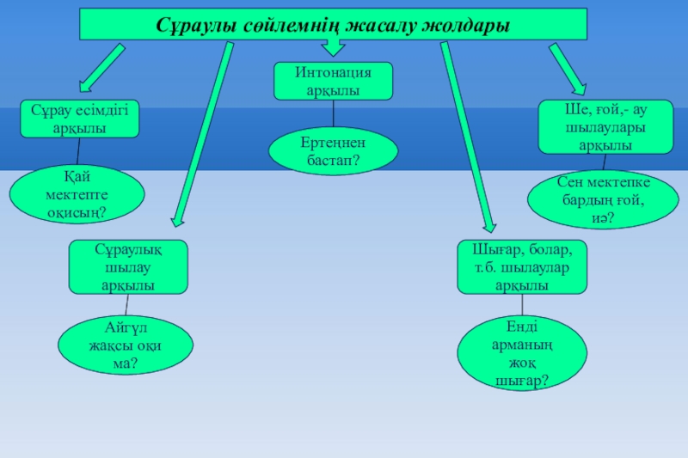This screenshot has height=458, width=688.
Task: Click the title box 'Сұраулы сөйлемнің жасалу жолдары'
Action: click(333, 24)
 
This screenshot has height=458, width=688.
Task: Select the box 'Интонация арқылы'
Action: click(333, 81)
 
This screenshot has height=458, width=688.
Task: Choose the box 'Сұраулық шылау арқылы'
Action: click(127, 266)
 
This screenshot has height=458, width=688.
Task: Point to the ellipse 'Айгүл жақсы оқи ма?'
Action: click(126, 345)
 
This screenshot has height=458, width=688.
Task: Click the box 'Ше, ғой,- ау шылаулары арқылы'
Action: click(605, 126)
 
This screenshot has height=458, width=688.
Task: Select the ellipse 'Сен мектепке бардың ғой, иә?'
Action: click(601, 200)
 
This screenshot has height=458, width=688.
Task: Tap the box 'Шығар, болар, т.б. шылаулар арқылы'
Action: click(522, 266)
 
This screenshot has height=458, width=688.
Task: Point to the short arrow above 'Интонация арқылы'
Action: click(332, 49)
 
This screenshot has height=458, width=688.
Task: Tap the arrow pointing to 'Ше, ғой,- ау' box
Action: click(568, 68)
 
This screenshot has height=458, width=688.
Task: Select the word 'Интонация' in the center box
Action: click(333, 73)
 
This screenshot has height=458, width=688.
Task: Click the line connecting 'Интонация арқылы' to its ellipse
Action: click(334, 115)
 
